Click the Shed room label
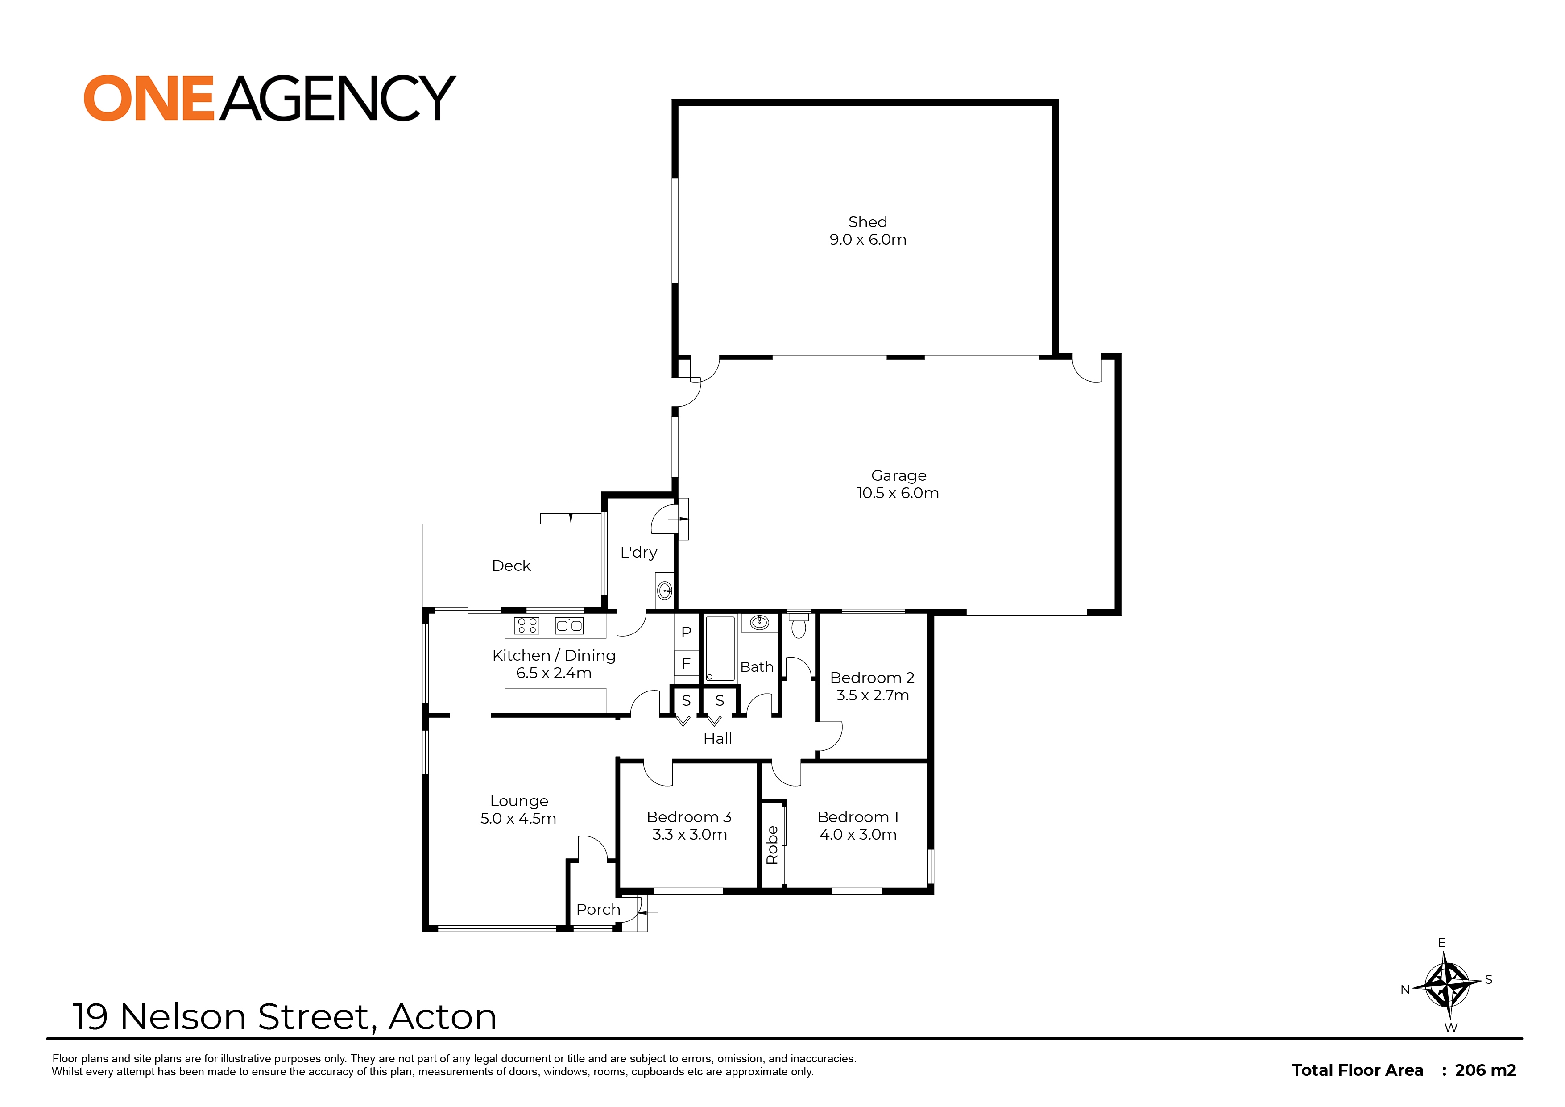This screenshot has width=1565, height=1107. (868, 222)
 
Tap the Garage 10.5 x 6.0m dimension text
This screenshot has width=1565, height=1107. (898, 493)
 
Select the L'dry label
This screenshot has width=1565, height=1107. (639, 553)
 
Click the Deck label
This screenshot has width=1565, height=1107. (511, 566)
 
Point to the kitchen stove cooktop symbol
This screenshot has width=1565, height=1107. (527, 625)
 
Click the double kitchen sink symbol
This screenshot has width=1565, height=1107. (569, 625)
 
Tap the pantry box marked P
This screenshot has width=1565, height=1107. (687, 632)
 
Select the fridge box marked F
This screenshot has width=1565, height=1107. (687, 663)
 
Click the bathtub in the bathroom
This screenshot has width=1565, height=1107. (720, 649)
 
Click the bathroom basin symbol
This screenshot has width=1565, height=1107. (759, 622)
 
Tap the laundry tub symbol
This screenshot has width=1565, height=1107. (665, 589)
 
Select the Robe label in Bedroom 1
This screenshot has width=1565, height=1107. (772, 845)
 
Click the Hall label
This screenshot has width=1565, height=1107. (718, 739)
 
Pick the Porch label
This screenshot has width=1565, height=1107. (598, 909)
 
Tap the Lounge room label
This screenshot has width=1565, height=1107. (519, 801)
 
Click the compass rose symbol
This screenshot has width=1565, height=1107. (1446, 984)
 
